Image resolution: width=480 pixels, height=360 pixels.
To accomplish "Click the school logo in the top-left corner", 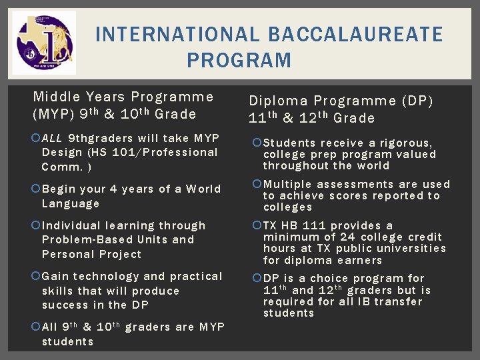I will pos(44,42).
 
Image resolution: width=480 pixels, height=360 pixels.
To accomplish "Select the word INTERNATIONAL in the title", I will pos(177,34).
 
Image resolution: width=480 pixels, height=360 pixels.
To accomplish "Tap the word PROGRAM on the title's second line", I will pos(239,61).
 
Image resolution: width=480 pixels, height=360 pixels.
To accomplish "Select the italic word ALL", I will pos(53,139).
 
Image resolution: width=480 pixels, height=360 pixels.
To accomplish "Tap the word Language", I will pos(70,203).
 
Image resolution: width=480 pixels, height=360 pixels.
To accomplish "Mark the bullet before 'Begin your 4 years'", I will pos(36,189).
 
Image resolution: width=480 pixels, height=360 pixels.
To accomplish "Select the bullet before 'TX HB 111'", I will pos(257,226).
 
